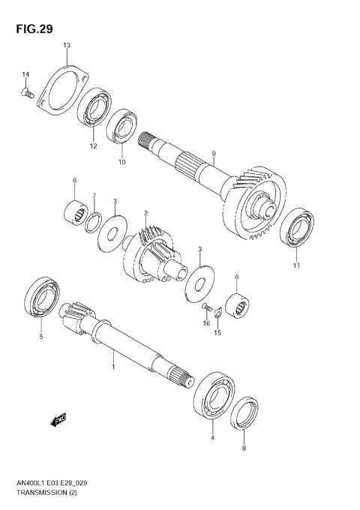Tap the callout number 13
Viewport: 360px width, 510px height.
pyautogui.click(x=66, y=46)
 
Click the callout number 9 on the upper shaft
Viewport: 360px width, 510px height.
pyautogui.click(x=213, y=154)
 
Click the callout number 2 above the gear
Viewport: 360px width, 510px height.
pyautogui.click(x=145, y=213)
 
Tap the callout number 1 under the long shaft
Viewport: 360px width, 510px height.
pyautogui.click(x=113, y=367)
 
